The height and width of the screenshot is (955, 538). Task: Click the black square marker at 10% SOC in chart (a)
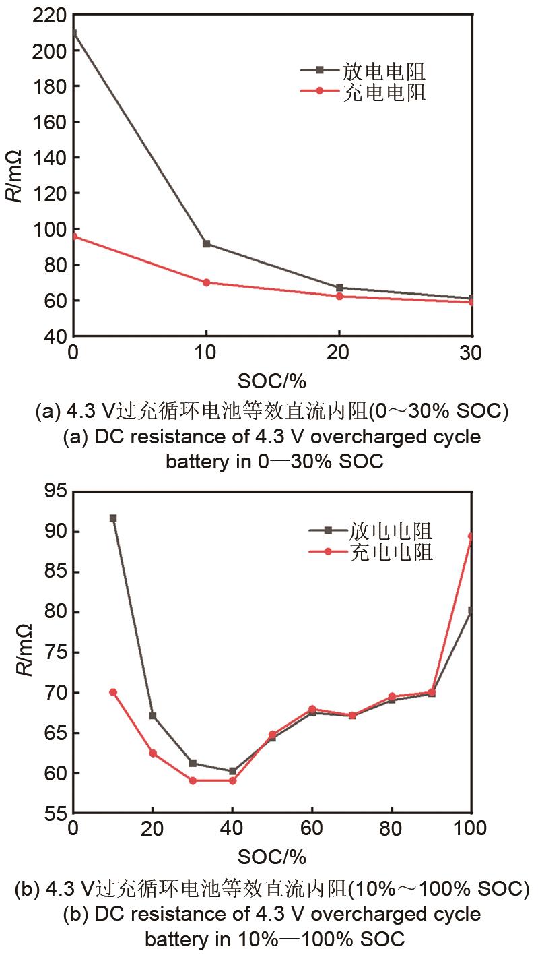tap(206, 243)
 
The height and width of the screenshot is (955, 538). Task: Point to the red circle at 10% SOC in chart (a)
tap(206, 282)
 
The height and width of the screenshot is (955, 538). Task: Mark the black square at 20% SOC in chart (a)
tap(339, 288)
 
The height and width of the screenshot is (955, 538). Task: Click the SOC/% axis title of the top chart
tap(272, 381)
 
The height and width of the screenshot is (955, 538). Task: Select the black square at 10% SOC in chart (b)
tap(113, 518)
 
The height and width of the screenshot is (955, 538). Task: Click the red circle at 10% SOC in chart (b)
tap(113, 692)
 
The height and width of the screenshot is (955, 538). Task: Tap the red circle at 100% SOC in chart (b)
tap(471, 536)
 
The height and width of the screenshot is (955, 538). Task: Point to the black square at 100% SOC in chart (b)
tap(471, 611)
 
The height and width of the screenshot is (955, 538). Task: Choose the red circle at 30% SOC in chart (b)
tap(193, 780)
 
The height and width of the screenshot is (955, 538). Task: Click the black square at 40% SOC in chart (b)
tap(232, 771)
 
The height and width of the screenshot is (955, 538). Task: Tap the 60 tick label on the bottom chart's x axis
tap(312, 828)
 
